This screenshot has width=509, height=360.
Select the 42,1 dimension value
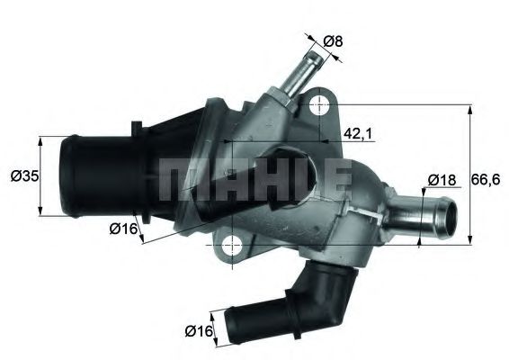click(x=359, y=135)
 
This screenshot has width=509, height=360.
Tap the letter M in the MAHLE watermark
click(x=180, y=179)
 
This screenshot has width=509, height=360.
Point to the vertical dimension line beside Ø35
click(x=42, y=176)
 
